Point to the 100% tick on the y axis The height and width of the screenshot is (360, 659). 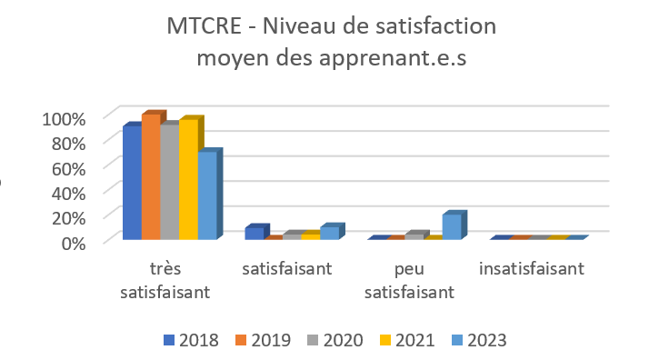coord(64,118)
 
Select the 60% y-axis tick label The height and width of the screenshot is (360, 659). coord(67,168)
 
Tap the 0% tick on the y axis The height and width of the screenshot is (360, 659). coord(74,242)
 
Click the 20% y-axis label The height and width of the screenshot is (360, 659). coord(67,217)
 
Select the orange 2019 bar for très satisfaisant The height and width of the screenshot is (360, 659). coord(150,177)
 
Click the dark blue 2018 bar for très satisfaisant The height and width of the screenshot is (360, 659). coord(132,183)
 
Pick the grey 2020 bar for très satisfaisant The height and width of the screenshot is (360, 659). coord(169,182)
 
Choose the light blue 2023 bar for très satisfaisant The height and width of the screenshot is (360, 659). coord(207,195)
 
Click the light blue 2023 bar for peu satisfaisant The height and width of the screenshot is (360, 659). coord(451,227)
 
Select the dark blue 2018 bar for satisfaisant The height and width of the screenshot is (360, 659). coord(254,234)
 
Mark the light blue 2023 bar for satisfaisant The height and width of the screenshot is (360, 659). coord(329,233)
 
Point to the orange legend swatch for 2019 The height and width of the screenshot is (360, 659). coord(241,340)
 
